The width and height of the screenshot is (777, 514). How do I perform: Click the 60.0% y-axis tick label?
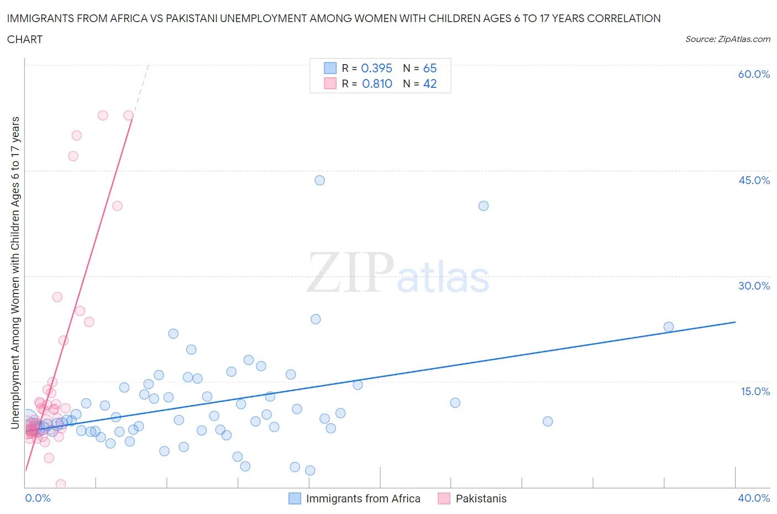click(754, 74)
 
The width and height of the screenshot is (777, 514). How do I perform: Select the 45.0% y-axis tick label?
click(754, 180)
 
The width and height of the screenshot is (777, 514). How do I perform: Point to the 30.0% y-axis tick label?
click(754, 286)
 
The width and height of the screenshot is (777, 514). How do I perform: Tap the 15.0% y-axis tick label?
click(754, 391)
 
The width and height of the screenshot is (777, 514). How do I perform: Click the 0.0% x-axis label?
click(38, 498)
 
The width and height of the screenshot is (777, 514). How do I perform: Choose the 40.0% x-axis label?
click(754, 498)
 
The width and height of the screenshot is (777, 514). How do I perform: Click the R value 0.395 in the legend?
click(376, 68)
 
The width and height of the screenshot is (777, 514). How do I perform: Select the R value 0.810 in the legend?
click(377, 83)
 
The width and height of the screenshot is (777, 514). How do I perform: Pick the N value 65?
click(429, 68)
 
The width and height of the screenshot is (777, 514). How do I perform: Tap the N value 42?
click(429, 83)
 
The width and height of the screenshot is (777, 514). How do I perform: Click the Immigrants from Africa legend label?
click(363, 499)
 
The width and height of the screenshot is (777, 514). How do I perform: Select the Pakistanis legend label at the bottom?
click(481, 499)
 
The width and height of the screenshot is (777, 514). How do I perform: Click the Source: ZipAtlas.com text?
click(727, 39)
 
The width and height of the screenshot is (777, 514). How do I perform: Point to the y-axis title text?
click(15, 273)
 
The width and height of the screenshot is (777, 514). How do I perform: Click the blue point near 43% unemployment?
click(319, 180)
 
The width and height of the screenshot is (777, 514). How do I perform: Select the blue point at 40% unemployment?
click(484, 206)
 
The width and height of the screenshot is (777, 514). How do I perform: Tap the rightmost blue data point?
click(669, 327)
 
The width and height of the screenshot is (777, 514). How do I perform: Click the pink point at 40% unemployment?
click(117, 206)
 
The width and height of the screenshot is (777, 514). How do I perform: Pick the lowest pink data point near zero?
click(61, 484)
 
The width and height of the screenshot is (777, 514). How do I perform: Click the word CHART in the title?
click(25, 39)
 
